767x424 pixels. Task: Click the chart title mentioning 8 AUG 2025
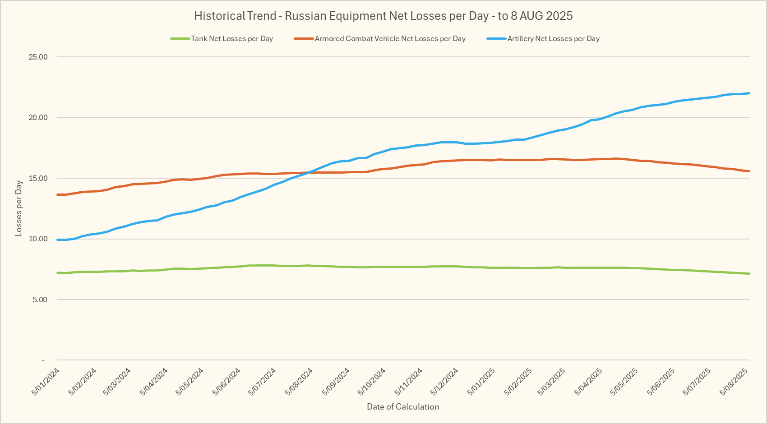tap(383, 16)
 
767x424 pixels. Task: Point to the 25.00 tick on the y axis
tap(38, 57)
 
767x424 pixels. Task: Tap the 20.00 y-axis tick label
tap(38, 118)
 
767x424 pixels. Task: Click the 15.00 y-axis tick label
tap(38, 179)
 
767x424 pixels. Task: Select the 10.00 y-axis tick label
tap(38, 239)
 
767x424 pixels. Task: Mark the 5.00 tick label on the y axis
tap(40, 300)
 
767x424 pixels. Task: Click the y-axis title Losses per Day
tap(18, 208)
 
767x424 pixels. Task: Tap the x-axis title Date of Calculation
tap(403, 407)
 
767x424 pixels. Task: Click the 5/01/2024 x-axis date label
tap(46, 382)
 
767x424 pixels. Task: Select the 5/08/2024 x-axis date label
tap(299, 382)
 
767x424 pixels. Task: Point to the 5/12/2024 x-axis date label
tap(444, 382)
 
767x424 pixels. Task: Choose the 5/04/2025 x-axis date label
tap(588, 382)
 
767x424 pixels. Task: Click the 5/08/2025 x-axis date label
tap(734, 382)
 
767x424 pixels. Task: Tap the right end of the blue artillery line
tap(749, 93)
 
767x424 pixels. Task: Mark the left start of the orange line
tap(58, 194)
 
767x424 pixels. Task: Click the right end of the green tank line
tap(749, 273)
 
